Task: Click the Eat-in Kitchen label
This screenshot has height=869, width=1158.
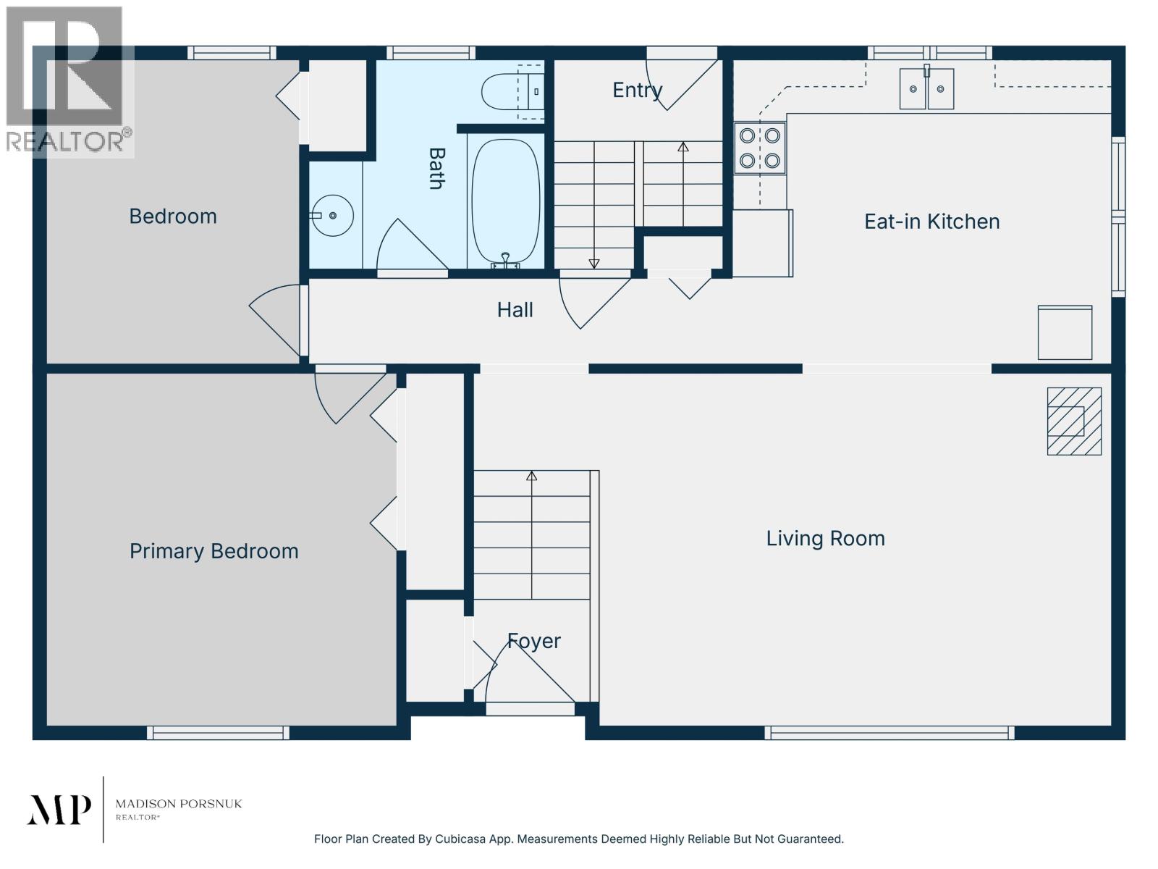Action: click(931, 222)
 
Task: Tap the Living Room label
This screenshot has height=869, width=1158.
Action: click(826, 539)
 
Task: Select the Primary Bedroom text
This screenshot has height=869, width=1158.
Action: click(214, 552)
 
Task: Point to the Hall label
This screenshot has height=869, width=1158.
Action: click(515, 310)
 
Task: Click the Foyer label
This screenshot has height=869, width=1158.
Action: click(534, 642)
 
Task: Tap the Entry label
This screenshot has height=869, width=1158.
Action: click(638, 91)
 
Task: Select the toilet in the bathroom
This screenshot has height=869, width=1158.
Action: click(512, 92)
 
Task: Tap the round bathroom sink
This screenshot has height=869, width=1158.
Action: click(332, 215)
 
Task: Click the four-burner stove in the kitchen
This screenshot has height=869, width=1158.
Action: click(760, 148)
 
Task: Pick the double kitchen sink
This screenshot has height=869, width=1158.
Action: click(926, 88)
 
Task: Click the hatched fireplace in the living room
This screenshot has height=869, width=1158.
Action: click(1074, 421)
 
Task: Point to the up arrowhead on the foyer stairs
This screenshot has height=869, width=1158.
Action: click(532, 476)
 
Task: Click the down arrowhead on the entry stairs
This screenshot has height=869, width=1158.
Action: click(594, 264)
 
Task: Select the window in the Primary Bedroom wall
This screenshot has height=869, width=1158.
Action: click(218, 733)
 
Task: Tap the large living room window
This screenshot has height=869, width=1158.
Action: click(889, 733)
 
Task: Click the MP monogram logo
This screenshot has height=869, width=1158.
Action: click(59, 810)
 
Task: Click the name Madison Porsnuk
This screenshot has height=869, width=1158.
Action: click(179, 804)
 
